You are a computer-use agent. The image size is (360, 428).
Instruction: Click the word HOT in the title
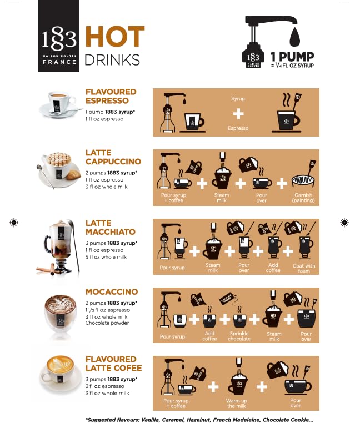pos(115,36)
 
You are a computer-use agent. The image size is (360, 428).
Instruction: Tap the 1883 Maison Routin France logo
pos(58,36)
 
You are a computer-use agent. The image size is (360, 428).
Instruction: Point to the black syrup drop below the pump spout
pos(294,37)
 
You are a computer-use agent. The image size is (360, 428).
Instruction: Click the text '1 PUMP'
pos(292,57)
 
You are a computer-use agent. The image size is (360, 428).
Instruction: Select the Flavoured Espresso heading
pos(111,96)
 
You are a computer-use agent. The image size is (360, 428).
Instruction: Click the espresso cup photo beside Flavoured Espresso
pos(58,104)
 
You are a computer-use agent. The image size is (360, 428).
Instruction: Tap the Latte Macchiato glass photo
pos(58,246)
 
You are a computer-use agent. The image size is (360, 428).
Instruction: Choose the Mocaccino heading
pos(112,291)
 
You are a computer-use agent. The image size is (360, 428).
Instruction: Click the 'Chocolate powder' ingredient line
pos(107,323)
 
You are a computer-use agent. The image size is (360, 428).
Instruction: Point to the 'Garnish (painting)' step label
pos(303,198)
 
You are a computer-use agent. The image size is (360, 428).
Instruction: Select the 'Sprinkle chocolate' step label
pos(239,336)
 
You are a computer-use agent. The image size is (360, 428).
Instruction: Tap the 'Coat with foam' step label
pos(304,268)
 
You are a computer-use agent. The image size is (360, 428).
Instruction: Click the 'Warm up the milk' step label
pos(237,404)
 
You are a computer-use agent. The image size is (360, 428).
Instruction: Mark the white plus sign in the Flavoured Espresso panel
pos(238,114)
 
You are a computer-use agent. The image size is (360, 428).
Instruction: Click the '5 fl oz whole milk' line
pos(106,257)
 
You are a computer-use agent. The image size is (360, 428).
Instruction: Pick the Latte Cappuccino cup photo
pos(58,170)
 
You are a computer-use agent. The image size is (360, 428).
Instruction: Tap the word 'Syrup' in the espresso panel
pos(238,99)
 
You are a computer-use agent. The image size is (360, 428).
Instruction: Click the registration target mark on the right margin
pos(344,223)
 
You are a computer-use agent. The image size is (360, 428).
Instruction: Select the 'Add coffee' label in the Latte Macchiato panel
pos(273,268)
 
